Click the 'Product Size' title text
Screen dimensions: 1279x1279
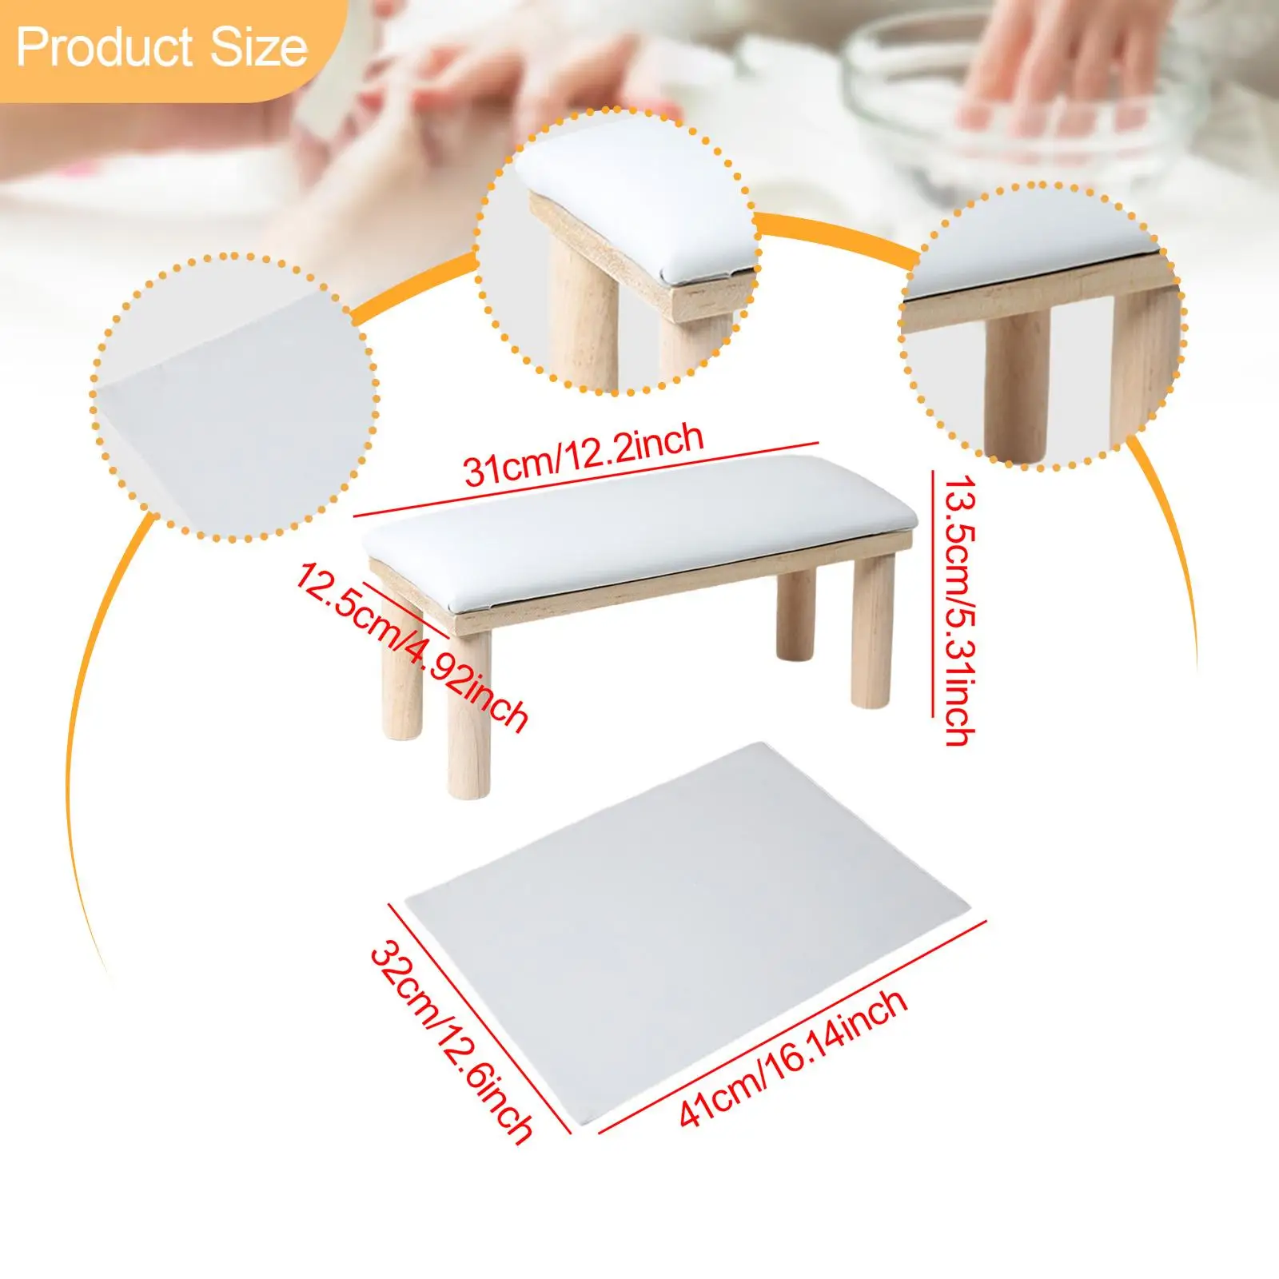[161, 47]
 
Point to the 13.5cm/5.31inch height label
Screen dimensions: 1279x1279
[958, 612]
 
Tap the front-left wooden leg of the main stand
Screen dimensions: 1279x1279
[469, 715]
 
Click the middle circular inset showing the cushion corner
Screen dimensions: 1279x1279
[616, 251]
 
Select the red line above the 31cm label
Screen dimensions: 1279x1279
[588, 480]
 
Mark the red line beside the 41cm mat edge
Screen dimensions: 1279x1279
[791, 1027]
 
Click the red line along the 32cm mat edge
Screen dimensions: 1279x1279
[480, 1019]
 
